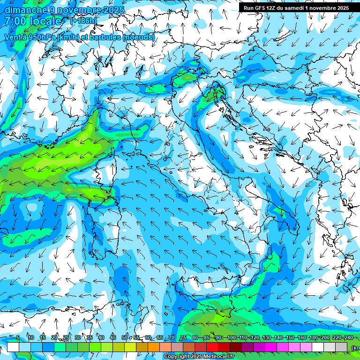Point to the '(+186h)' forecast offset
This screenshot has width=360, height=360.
coord(83,21)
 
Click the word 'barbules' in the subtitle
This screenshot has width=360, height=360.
coord(105,37)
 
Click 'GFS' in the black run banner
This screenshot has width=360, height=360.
coord(262,8)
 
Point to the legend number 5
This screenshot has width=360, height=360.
coord(18,337)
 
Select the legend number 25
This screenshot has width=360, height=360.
coord(66,337)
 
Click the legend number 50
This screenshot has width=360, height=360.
coord(125,337)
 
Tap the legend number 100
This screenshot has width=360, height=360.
coord(232,337)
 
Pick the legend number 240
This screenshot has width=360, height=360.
coord(348,337)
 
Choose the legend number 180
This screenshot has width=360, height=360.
coord(314,337)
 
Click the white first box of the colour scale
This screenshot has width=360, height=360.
coord(13,347)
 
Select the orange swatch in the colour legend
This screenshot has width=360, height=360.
coord(154,347)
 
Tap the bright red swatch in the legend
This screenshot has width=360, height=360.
coord(212,347)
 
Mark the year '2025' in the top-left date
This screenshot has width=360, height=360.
coord(114,10)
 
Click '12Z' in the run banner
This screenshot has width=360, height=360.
coord(276,8)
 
